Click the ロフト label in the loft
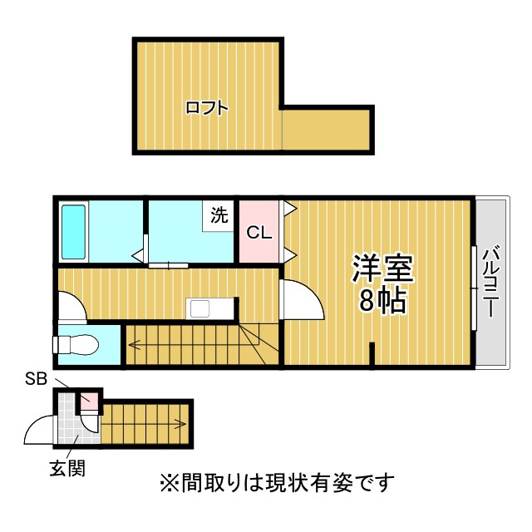pos(207,108)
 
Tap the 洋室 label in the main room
pos(382,268)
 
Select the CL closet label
pos(259,233)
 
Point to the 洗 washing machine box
pos(218,216)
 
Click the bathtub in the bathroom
pos(73,232)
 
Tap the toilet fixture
pos(76,345)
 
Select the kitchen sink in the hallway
pos(200,308)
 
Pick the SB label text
pos(36,379)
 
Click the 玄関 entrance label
pos(67,468)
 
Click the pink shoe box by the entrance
pos(89,401)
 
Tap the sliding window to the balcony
pos(474,288)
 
